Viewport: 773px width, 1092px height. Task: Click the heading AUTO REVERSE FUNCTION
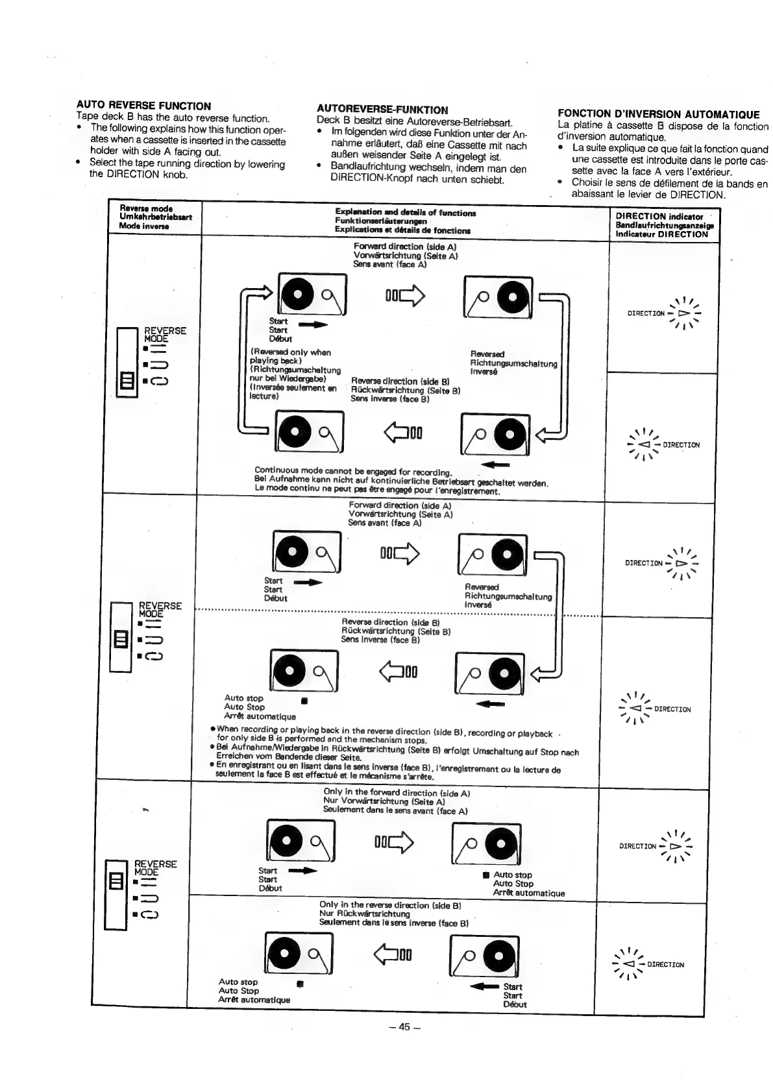pyautogui.click(x=143, y=106)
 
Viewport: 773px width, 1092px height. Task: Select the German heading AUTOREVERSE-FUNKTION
pyautogui.click(x=382, y=110)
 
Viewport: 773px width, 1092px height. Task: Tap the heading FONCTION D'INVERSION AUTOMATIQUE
pyautogui.click(x=658, y=114)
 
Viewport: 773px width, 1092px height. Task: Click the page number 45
pyautogui.click(x=404, y=1026)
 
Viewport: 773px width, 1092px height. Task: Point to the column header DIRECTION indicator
pyautogui.click(x=659, y=217)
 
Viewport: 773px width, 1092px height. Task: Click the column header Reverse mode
pyautogui.click(x=146, y=209)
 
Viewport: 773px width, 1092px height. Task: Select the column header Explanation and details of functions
pyautogui.click(x=405, y=213)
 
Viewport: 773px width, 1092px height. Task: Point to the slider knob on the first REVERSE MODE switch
pyautogui.click(x=127, y=378)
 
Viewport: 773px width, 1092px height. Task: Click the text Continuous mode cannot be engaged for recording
pyautogui.click(x=353, y=471)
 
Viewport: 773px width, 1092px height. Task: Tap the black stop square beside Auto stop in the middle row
pyautogui.click(x=304, y=700)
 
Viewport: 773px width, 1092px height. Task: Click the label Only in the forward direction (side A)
pyautogui.click(x=397, y=793)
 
